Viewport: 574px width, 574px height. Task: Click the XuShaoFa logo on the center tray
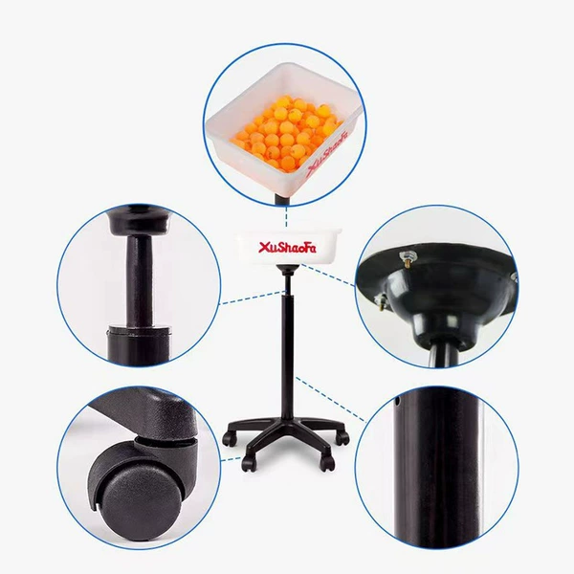point(287,248)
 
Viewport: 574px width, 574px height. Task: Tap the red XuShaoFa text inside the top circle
point(327,154)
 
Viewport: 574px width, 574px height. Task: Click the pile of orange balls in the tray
point(288,133)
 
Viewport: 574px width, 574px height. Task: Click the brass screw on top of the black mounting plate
point(408,257)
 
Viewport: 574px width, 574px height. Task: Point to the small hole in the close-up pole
point(398,402)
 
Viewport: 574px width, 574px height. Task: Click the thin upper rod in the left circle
point(139,279)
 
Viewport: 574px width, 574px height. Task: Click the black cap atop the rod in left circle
point(139,221)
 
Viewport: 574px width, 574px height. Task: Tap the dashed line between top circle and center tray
point(287,217)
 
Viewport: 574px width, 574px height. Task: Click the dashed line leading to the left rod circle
point(253,298)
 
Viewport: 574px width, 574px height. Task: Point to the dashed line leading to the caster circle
point(232,458)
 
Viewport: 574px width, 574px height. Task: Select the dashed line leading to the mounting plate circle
point(327,276)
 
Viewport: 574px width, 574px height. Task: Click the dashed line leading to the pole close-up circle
point(331,399)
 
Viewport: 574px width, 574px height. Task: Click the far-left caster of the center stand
point(228,438)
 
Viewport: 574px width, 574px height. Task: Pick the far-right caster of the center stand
point(343,438)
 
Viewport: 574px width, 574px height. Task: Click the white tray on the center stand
point(287,247)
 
